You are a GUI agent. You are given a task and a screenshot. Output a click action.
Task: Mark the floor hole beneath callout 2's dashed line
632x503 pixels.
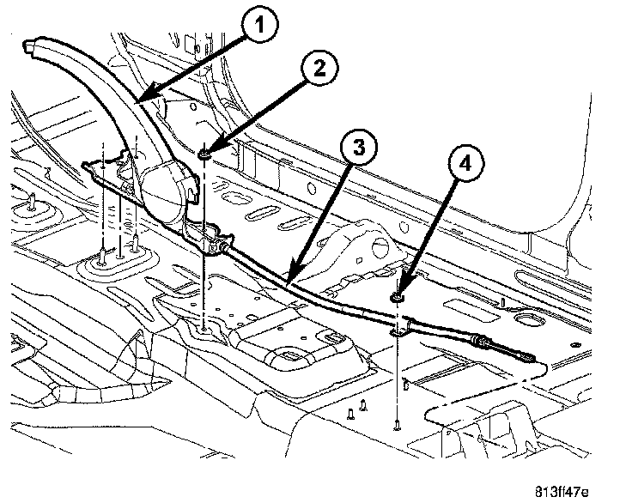click(x=204, y=327)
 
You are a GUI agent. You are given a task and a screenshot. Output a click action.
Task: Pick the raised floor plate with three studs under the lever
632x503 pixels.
click(x=116, y=262)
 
